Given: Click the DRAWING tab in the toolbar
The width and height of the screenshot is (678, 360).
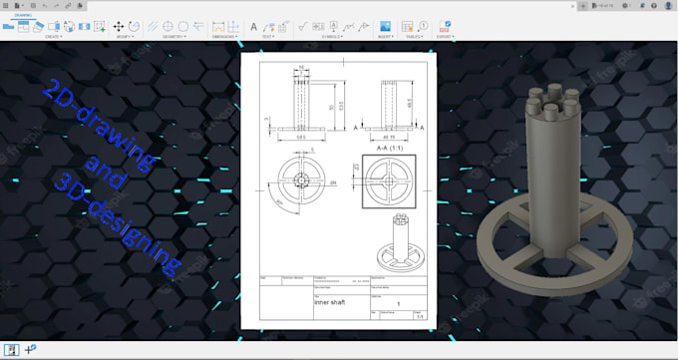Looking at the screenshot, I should pyautogui.click(x=22, y=16).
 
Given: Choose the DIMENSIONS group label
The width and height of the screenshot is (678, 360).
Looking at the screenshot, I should pyautogui.click(x=227, y=37).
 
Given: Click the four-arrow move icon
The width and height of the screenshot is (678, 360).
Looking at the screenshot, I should pyautogui.click(x=119, y=26).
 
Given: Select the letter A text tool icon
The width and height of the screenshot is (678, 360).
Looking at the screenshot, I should pyautogui.click(x=253, y=26).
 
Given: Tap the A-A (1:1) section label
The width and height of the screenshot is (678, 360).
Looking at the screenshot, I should pyautogui.click(x=389, y=151).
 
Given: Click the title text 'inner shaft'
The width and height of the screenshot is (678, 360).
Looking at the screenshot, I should pyautogui.click(x=329, y=302).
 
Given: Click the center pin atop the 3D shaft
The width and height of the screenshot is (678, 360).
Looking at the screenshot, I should pyautogui.click(x=551, y=98).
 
